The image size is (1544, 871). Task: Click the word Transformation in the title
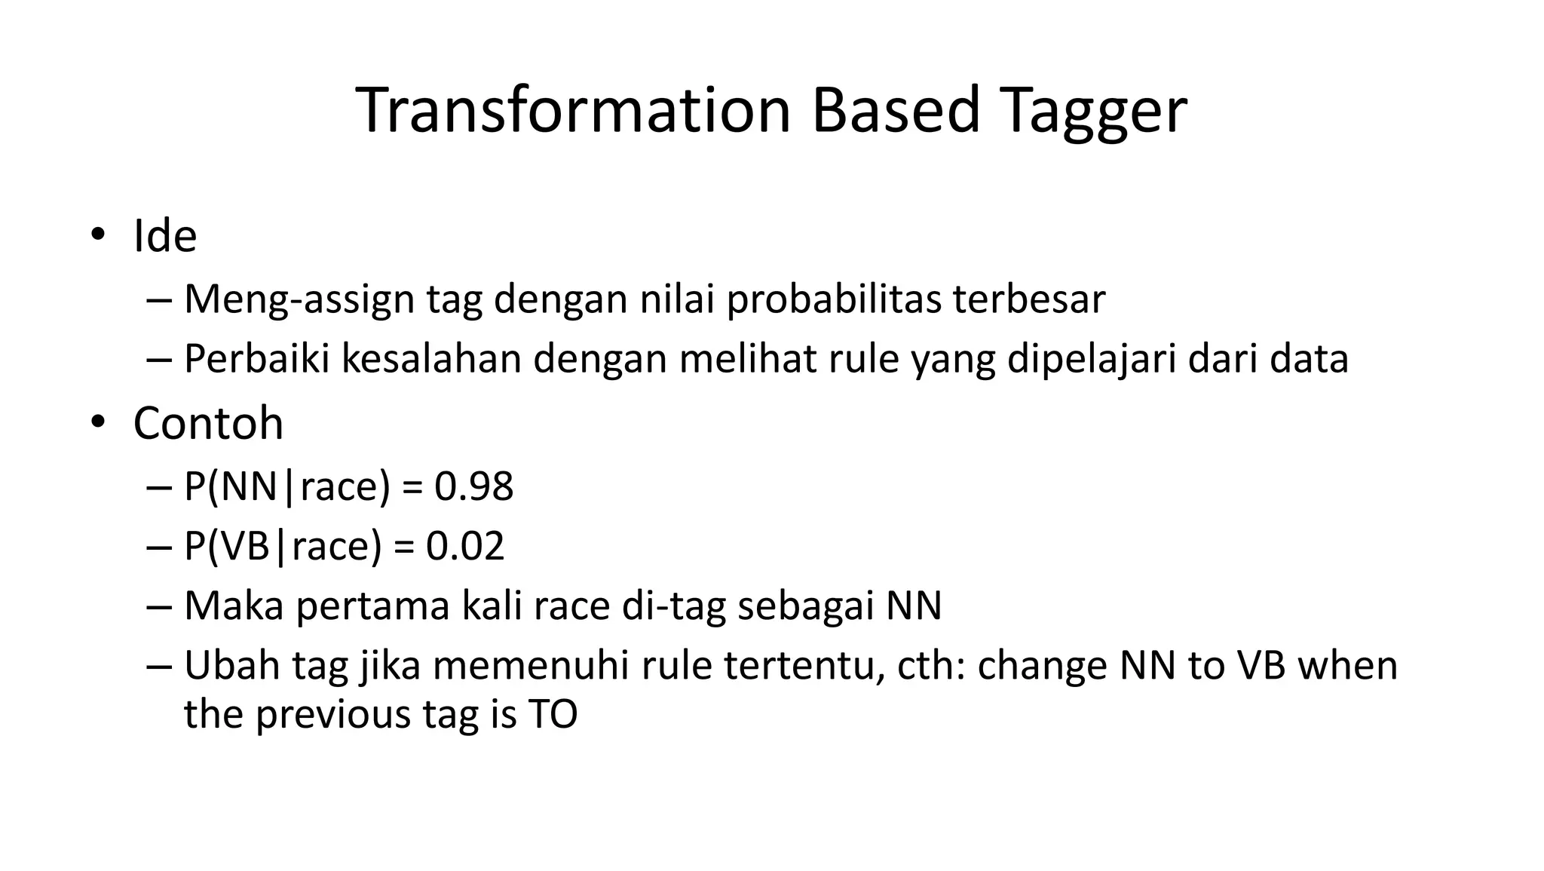573,111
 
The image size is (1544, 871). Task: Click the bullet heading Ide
165,236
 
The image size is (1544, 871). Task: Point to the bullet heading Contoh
208,423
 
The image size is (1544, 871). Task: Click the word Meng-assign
299,299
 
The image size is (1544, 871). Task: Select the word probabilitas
834,299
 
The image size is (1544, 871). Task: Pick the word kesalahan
432,358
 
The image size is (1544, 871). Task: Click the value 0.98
473,486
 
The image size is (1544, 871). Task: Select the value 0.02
464,546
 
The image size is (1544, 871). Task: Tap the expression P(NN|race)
287,486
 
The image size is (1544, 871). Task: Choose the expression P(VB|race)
283,546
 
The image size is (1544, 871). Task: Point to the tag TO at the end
553,714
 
